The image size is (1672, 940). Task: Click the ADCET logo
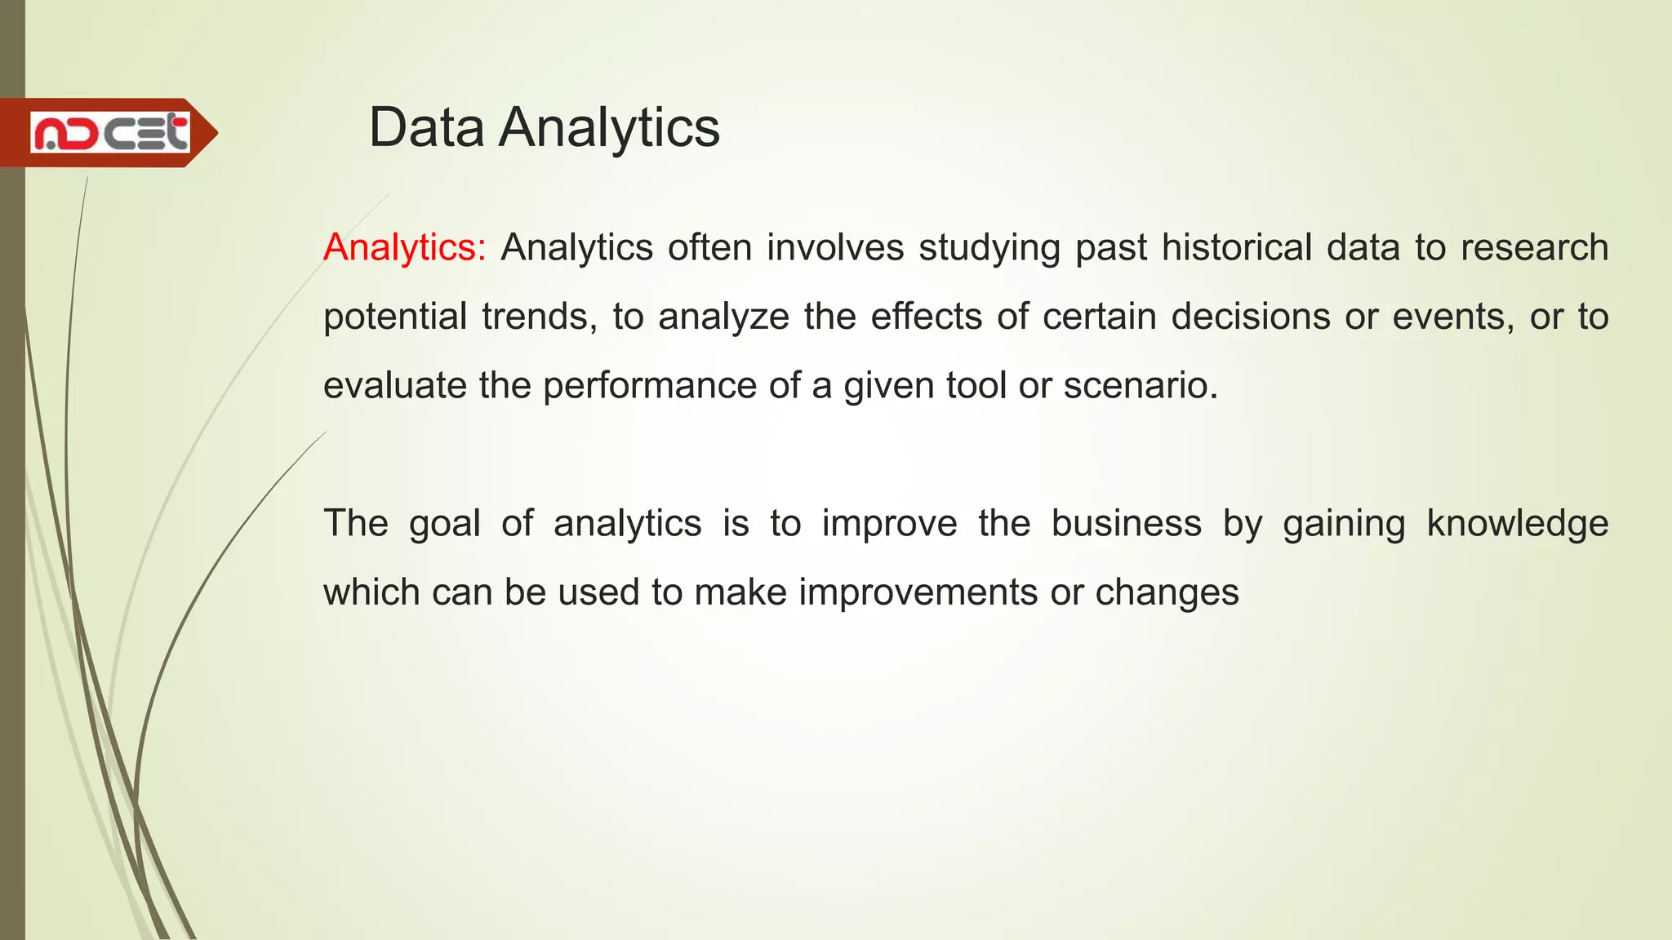coord(110,133)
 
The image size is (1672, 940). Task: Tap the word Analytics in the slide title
coord(609,128)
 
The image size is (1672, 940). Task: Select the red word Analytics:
coord(405,247)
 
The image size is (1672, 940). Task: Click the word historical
coord(1237,247)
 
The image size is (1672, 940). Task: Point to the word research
coord(1534,247)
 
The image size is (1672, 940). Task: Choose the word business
coord(1126,524)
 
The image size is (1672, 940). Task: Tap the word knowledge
coord(1517,524)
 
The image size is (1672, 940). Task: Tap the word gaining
coord(1343,524)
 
